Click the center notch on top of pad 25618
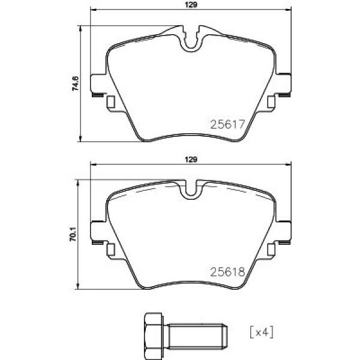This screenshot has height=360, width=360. coord(191,191)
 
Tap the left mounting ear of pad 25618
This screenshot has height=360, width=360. coord(97,232)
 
